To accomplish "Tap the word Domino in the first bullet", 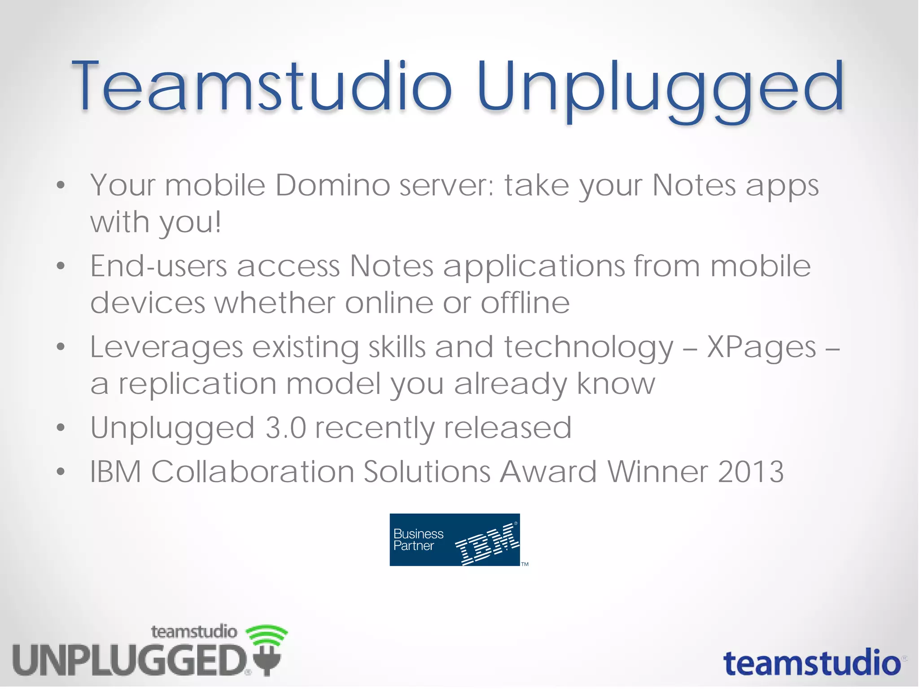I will click(x=333, y=185).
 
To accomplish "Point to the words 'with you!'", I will click(x=156, y=222).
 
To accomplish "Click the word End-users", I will click(x=158, y=266).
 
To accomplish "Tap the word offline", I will click(x=525, y=303).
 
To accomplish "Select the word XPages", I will click(x=761, y=348).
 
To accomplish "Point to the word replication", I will click(x=197, y=385).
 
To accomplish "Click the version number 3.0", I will click(x=285, y=428).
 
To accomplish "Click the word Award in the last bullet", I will click(x=548, y=472).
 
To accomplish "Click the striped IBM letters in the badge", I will click(x=487, y=544).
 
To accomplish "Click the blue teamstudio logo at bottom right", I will click(x=812, y=663).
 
